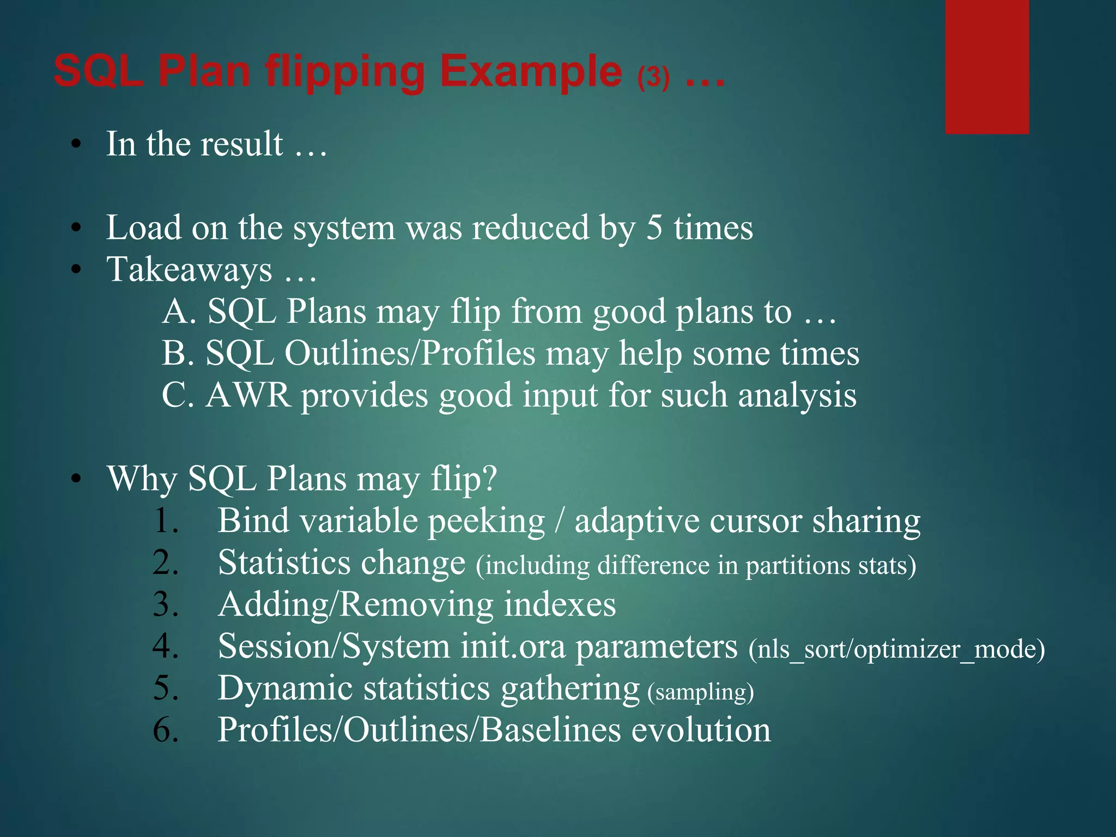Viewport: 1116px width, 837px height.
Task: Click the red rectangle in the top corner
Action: coord(987,66)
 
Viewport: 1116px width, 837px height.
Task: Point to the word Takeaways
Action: coord(190,270)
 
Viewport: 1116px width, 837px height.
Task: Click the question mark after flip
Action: coord(490,478)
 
